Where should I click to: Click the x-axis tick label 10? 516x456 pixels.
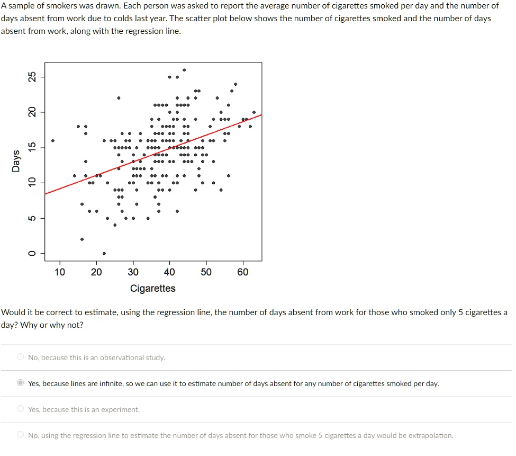coord(60,272)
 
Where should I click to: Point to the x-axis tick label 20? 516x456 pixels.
coord(96,272)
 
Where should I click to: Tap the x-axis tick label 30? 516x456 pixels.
coord(133,272)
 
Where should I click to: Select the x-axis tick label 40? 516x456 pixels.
coord(169,272)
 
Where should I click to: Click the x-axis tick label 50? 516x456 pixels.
coord(206,272)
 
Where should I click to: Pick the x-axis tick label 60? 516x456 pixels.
coord(242,272)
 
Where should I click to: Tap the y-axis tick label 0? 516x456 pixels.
coord(32,253)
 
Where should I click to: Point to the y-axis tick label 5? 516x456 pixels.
coord(32,218)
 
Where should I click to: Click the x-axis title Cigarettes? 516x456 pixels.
coord(152,288)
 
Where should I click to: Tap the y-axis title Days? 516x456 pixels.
coord(16,161)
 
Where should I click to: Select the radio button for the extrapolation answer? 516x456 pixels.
coord(20,435)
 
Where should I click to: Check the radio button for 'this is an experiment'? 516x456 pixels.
coord(20,409)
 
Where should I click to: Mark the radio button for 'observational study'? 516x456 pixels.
coord(20,357)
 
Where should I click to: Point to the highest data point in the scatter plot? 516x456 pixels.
coord(184,70)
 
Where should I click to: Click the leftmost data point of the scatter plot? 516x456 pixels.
coord(52,140)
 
